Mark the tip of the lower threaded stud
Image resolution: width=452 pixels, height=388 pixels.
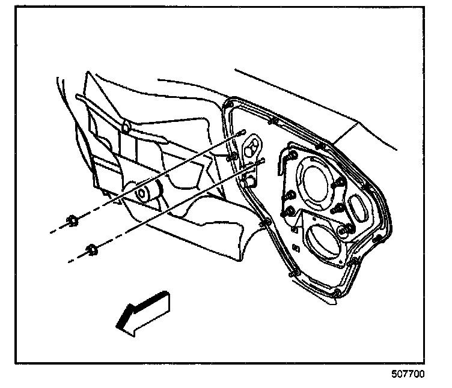coord(263,161)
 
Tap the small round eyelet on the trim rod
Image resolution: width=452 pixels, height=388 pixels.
coord(126,126)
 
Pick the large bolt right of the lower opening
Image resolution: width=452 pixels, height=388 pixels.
coord(346,230)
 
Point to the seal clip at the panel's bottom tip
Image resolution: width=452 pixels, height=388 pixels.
coord(338,294)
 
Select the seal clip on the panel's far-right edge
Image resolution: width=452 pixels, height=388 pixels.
coord(378,240)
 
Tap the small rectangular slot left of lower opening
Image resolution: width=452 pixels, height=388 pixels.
coord(294,229)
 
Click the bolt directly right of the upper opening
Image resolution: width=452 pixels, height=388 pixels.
coord(340,181)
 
